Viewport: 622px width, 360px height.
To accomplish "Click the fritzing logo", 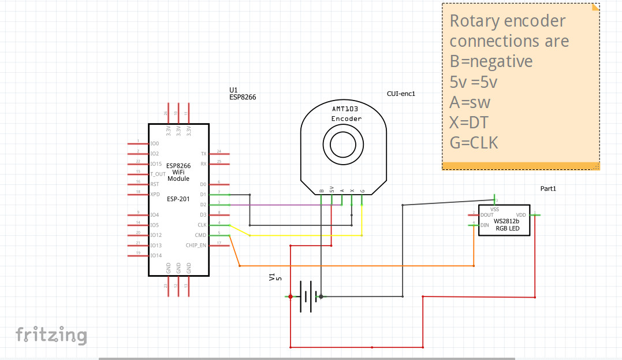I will (51, 335).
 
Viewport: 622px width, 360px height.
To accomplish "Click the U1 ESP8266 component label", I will (243, 94).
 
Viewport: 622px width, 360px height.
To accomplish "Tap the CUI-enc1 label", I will (401, 94).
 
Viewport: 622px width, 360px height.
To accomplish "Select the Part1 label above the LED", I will (548, 189).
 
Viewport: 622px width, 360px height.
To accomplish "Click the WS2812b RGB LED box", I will (504, 220).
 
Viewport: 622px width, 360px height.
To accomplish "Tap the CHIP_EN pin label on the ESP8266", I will (196, 246).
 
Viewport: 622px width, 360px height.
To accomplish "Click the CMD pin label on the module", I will (200, 235).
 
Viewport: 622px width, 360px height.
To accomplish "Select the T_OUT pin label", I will (158, 174).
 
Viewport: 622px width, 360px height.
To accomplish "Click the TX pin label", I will (203, 154).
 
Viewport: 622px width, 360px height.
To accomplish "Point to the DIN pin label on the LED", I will (484, 225).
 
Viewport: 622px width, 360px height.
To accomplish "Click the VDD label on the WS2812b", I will (521, 215).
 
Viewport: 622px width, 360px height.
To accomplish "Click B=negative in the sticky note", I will (491, 61).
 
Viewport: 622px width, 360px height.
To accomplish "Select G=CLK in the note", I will (474, 142).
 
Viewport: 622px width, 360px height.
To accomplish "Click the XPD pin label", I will (155, 194).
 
